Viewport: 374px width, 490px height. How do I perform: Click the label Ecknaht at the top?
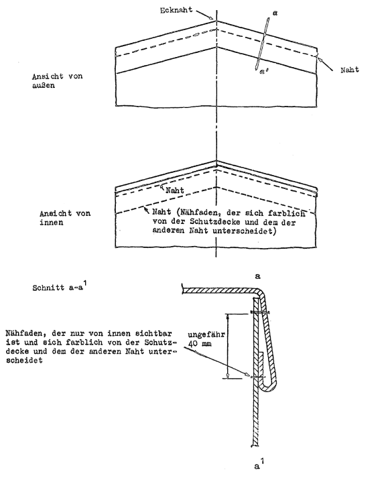pos(176,11)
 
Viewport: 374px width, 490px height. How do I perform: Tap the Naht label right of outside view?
pos(350,70)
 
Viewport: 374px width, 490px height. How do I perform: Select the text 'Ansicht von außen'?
pos(57,80)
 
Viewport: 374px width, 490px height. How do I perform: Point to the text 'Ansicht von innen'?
pos(65,218)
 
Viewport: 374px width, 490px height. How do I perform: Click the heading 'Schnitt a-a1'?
pos(59,287)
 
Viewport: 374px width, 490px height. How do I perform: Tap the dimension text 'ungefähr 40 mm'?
pos(206,339)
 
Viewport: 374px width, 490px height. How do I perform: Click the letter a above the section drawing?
pos(258,276)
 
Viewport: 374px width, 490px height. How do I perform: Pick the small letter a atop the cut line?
pos(275,13)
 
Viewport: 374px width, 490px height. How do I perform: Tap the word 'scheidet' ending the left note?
pos(24,360)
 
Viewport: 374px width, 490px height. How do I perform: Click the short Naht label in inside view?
pos(175,190)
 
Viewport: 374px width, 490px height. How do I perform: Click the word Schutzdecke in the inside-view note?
pos(216,222)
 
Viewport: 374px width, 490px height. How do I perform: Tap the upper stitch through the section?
pos(259,312)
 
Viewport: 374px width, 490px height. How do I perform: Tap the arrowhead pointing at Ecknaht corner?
pos(212,18)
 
